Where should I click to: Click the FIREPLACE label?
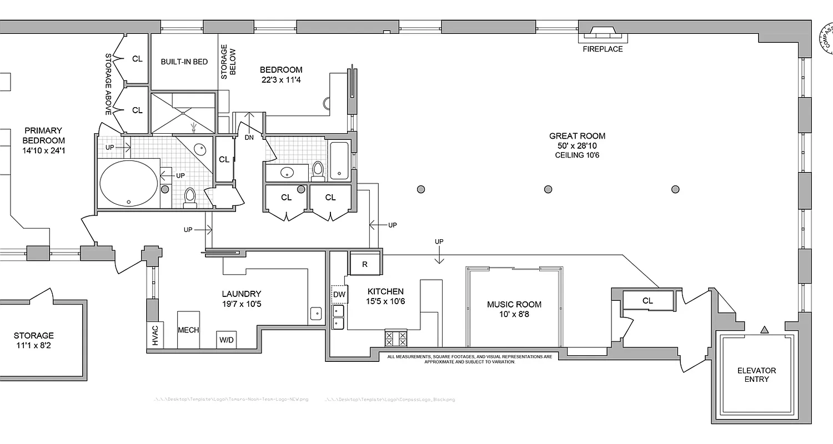pyautogui.click(x=603, y=49)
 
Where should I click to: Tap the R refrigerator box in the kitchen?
pyautogui.click(x=365, y=264)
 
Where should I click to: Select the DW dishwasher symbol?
pyautogui.click(x=339, y=295)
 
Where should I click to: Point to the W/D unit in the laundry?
pyautogui.click(x=226, y=340)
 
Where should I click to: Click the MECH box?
pyautogui.click(x=188, y=330)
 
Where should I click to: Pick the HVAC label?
pyautogui.click(x=155, y=335)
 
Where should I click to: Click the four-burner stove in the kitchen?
pyautogui.click(x=397, y=337)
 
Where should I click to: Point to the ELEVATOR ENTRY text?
pyautogui.click(x=756, y=375)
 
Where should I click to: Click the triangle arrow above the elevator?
pyautogui.click(x=764, y=330)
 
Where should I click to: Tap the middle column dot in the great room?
pyautogui.click(x=548, y=189)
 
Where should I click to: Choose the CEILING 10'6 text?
pyautogui.click(x=577, y=155)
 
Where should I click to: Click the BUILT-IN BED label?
pyautogui.click(x=184, y=62)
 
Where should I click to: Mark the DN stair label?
pyautogui.click(x=248, y=137)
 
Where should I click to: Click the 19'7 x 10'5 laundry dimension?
pyautogui.click(x=241, y=304)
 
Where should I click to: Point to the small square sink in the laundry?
pyautogui.click(x=317, y=313)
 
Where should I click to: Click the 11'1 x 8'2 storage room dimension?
pyautogui.click(x=34, y=346)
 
